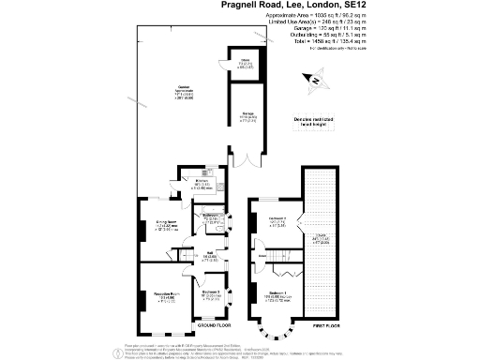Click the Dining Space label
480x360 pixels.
point(167,226)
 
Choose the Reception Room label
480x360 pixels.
point(167,296)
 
